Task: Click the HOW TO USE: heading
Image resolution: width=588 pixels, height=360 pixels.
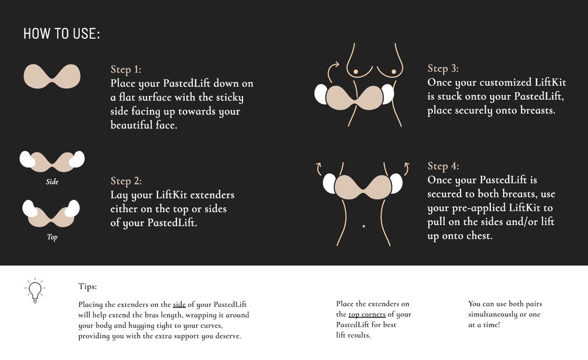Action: [61, 34]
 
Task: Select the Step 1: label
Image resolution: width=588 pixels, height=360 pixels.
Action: [125, 69]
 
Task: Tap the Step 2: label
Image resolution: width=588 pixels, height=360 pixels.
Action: [125, 181]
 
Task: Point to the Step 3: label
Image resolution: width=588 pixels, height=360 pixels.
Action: [443, 68]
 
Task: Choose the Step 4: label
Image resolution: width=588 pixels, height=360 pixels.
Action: [443, 166]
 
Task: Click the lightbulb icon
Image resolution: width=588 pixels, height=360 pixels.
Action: [35, 290]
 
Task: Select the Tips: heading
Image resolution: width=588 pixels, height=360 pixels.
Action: [88, 287]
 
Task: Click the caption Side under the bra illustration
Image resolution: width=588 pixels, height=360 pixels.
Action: [52, 182]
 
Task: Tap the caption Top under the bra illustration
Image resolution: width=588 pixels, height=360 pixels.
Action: [52, 237]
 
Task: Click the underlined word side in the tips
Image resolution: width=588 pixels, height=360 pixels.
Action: [179, 304]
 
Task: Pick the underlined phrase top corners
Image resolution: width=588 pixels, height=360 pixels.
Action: [367, 314]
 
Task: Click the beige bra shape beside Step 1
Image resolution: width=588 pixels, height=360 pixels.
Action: [52, 77]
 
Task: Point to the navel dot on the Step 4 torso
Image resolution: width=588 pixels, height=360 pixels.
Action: [364, 226]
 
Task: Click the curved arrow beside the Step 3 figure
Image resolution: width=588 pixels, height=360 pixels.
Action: [333, 68]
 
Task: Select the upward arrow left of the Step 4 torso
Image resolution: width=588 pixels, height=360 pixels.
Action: [318, 168]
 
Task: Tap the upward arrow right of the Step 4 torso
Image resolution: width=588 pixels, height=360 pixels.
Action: [406, 168]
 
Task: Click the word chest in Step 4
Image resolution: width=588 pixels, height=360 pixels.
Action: [480, 236]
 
